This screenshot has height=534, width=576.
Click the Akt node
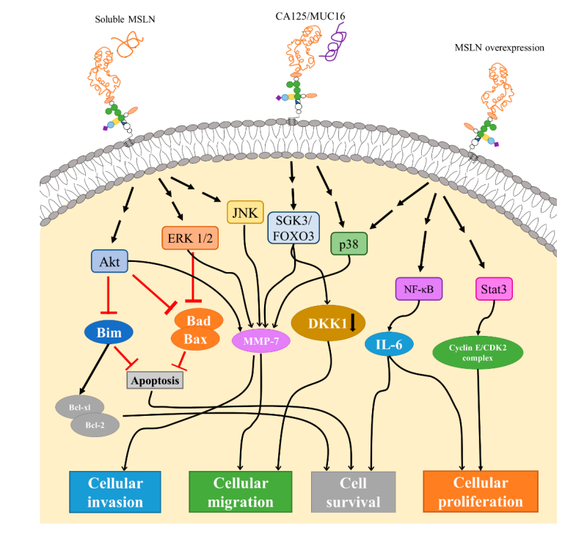[109, 261]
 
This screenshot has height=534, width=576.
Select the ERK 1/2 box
[189, 238]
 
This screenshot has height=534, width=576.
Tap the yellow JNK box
[245, 212]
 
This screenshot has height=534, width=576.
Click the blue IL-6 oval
[390, 343]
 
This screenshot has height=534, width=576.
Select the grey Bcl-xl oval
[79, 406]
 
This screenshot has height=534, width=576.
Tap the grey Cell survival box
[354, 491]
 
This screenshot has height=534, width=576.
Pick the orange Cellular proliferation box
[481, 491]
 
